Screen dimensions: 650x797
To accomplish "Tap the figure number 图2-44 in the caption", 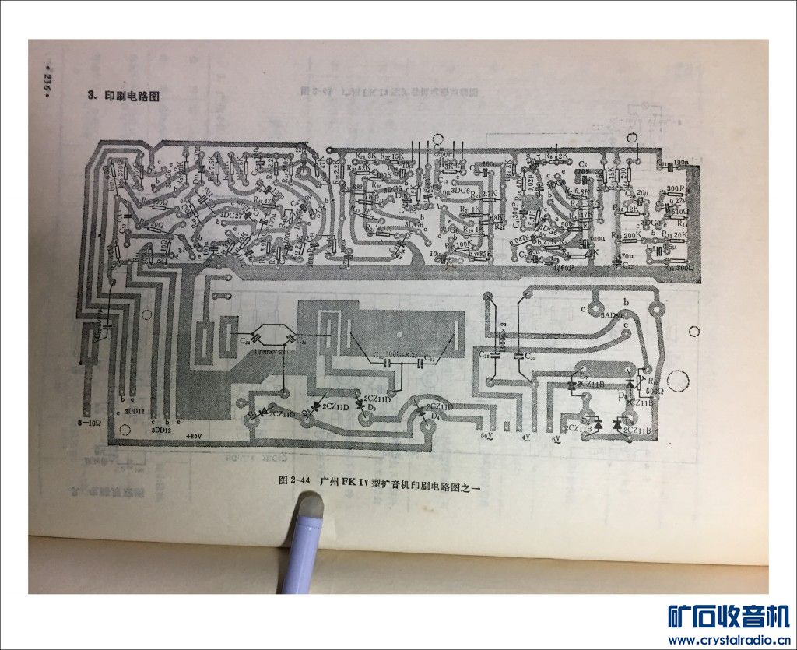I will point(294,480).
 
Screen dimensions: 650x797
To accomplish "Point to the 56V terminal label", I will point(488,437).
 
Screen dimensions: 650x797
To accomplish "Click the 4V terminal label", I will point(527,438).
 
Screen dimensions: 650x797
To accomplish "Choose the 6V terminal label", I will point(556,439).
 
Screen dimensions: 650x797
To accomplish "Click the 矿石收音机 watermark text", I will point(729,617).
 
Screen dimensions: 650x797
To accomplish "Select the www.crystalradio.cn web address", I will point(729,640).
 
